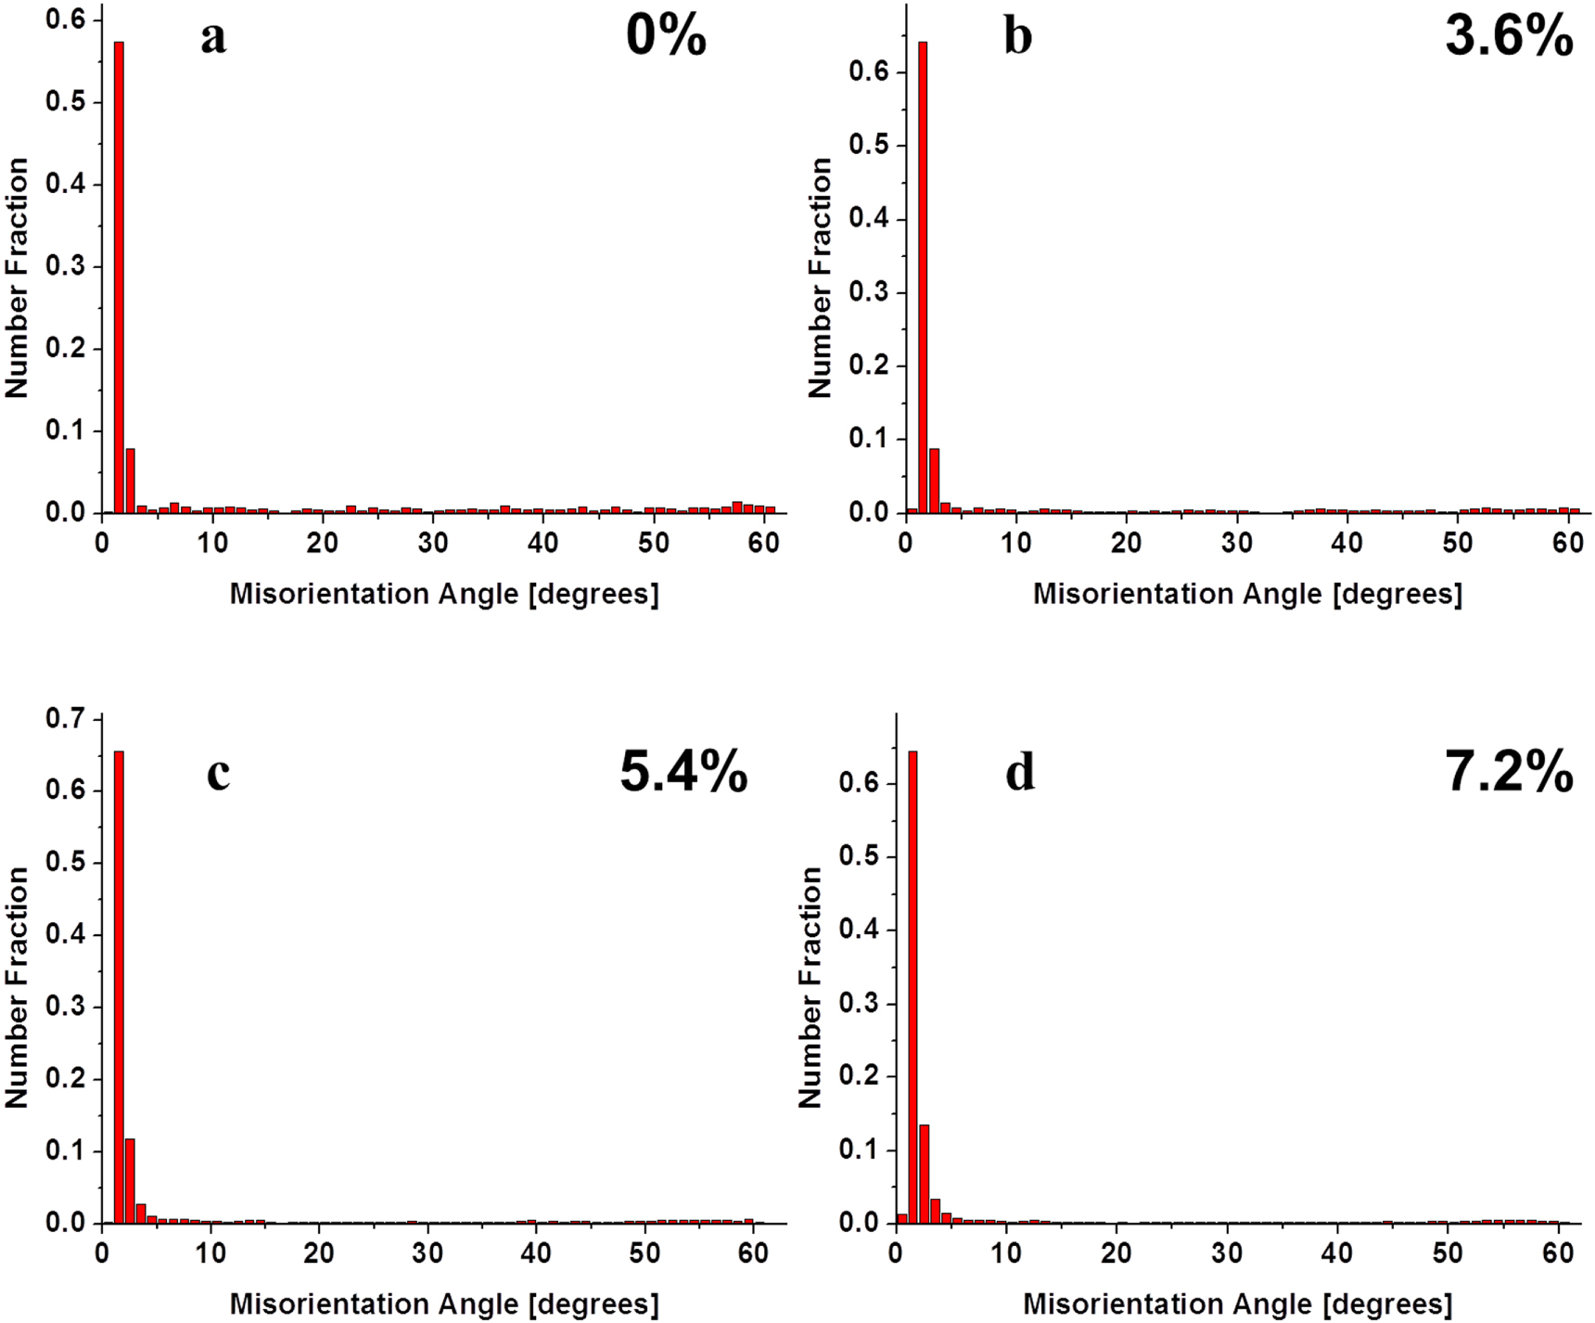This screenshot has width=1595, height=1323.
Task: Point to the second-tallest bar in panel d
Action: tap(924, 1174)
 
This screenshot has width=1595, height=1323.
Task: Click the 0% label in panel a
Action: tap(666, 37)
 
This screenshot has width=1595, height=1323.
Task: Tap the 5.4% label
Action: tap(683, 772)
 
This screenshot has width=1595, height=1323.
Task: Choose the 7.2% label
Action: tap(1509, 772)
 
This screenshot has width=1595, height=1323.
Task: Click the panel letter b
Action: tap(1018, 37)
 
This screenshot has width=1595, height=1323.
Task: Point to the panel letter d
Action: tap(1020, 772)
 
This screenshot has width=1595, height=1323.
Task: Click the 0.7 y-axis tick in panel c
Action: tap(65, 719)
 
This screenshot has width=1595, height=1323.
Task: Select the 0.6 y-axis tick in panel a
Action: tap(65, 19)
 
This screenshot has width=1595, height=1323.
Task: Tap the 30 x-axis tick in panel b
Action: tap(1236, 542)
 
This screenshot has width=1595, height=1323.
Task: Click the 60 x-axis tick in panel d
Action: tap(1558, 1252)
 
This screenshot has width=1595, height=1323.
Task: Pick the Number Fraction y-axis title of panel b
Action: tap(820, 278)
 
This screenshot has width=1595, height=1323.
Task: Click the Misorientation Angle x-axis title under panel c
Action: tap(444, 1304)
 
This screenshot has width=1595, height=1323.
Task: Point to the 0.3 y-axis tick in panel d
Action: tap(859, 1004)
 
